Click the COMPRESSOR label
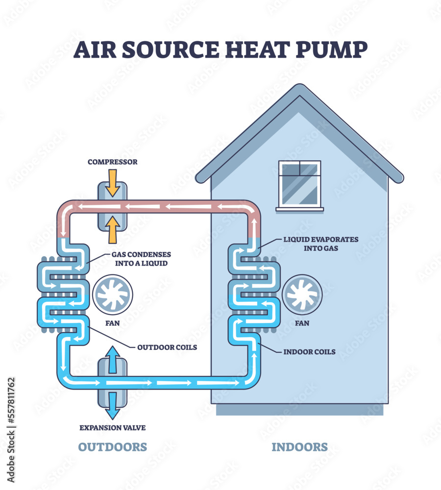113,162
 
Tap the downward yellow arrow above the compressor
113,182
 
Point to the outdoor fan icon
112,295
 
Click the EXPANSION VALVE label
113,428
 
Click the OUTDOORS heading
113,447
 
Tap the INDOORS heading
299,447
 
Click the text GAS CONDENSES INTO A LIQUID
141,259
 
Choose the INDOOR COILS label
310,352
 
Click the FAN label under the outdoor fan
112,323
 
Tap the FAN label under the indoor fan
302,323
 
